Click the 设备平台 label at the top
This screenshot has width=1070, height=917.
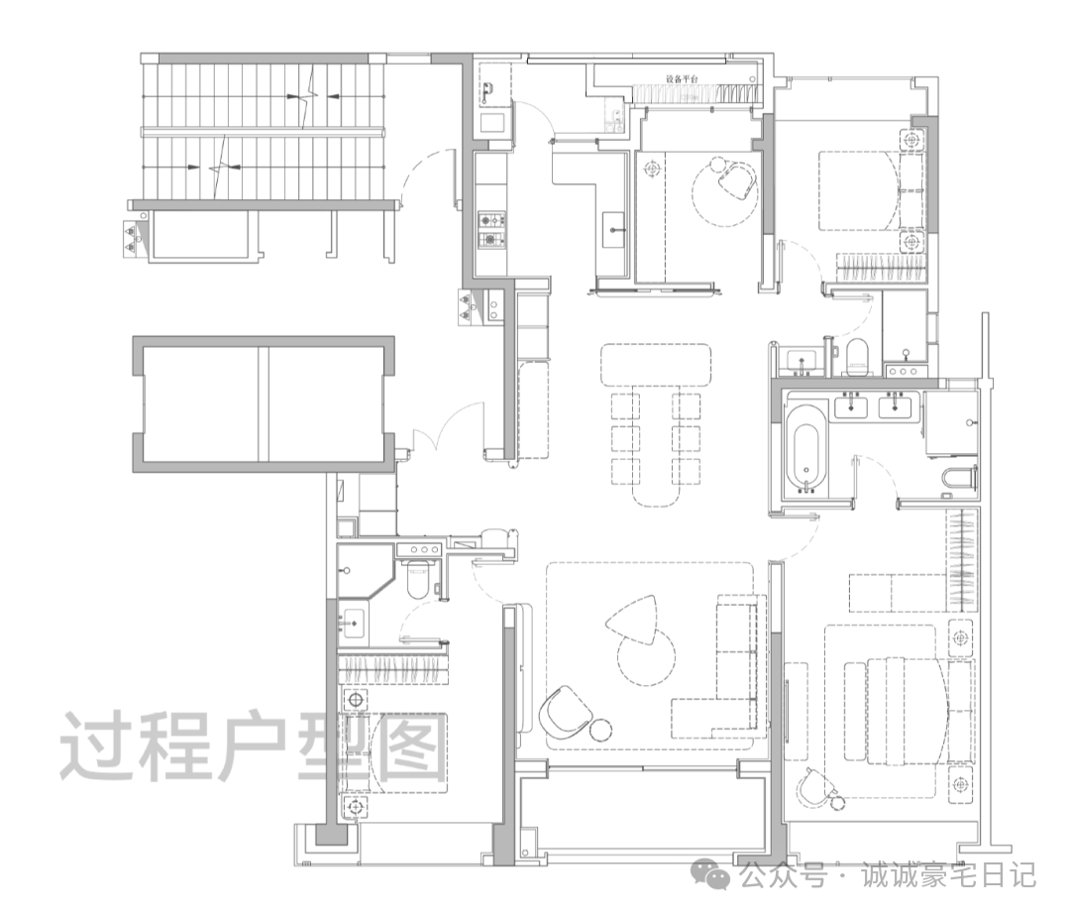682,79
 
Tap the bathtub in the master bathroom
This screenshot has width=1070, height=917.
806,449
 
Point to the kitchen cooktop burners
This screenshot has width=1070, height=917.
491,229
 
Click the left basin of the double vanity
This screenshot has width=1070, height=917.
850,406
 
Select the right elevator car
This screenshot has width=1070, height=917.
326,404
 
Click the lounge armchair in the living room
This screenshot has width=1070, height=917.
565,712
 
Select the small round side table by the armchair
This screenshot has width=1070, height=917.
600,730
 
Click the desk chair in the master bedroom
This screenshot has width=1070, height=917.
814,788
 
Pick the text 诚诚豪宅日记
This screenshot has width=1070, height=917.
948,875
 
